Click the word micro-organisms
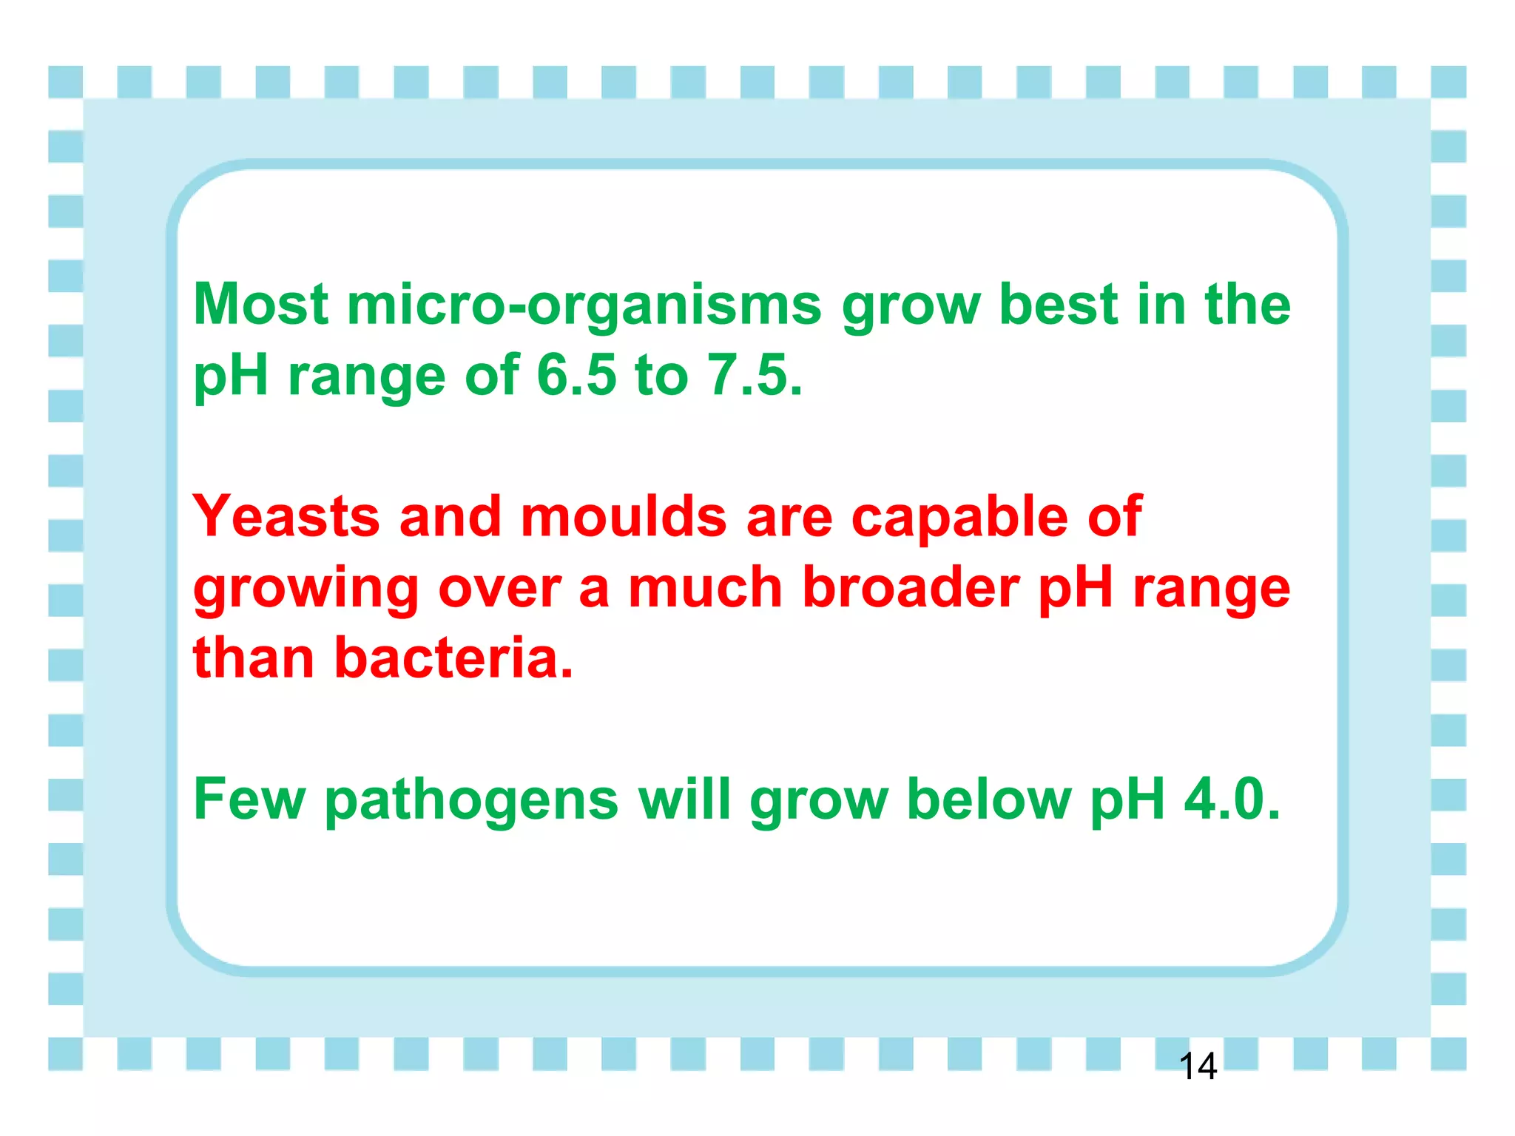coord(584,305)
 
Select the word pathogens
coord(471,801)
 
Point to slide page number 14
coord(1198,1066)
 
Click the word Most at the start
coord(261,304)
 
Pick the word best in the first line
coord(1059,304)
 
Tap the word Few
coord(249,799)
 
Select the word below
coord(988,799)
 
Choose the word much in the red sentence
coord(705,587)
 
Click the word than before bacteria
coord(254,657)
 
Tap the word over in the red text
coord(499,589)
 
